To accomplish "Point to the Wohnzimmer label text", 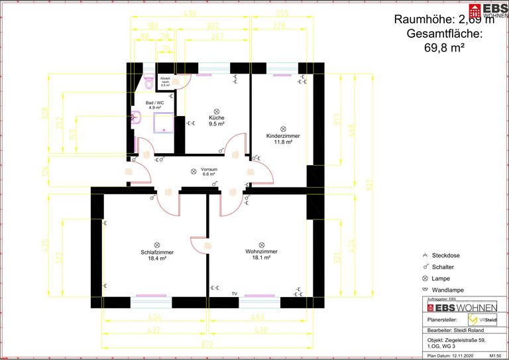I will pyautogui.click(x=261, y=252).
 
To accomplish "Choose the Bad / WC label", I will pyautogui.click(x=156, y=103).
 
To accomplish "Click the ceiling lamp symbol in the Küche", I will pyautogui.click(x=216, y=111).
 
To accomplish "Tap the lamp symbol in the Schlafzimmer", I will pyautogui.click(x=157, y=244).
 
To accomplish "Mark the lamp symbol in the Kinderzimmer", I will pyautogui.click(x=283, y=128).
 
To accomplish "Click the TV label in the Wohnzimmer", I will pyautogui.click(x=233, y=292).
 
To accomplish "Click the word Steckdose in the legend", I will pyautogui.click(x=446, y=255).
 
